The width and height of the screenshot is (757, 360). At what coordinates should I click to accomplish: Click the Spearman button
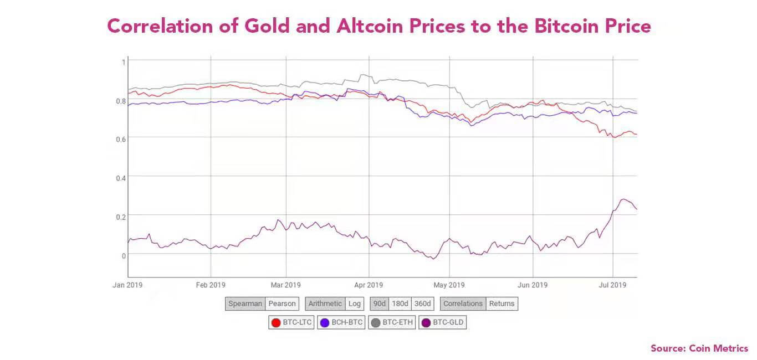coord(245,304)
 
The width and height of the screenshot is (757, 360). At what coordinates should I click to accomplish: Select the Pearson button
coord(282,304)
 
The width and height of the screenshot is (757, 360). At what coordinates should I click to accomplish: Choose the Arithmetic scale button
coord(325,304)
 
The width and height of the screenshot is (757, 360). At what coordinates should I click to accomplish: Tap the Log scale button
coord(354,304)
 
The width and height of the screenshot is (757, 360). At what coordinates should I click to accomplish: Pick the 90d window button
coord(379,304)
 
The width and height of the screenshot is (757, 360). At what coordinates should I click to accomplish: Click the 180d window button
coord(400,304)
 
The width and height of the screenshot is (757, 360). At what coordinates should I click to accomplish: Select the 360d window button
coord(422,304)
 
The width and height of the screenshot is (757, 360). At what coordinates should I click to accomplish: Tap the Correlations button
coord(463,304)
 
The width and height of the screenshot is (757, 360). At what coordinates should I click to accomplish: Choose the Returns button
coord(502,304)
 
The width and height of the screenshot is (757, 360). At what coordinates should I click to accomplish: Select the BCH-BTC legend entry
coord(341,322)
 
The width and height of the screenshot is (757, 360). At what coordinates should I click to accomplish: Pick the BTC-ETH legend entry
coord(392,322)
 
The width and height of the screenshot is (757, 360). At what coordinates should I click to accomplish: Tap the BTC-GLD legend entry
coord(442,322)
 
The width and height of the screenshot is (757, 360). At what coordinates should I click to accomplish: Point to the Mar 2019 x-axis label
coord(285,285)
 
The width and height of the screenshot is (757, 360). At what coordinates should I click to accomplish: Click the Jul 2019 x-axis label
coord(612,285)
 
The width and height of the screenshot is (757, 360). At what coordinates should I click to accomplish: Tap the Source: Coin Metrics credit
coord(699,348)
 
